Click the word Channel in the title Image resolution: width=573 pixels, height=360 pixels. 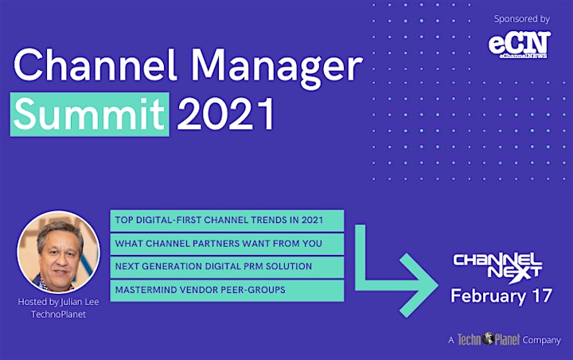point(95,65)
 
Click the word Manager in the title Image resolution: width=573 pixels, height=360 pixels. point(277,68)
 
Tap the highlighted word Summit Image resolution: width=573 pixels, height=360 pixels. point(89,114)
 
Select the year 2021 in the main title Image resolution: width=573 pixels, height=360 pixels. point(225,114)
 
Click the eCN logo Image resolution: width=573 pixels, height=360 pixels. point(519,45)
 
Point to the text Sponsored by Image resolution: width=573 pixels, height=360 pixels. point(522,19)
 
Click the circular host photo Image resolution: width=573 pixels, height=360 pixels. point(58,252)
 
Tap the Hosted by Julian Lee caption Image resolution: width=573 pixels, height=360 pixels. point(58,302)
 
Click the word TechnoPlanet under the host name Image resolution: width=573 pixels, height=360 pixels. point(58,315)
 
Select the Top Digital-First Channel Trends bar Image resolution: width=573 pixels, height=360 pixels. point(227,221)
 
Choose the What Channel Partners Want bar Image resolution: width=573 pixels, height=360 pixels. point(227,244)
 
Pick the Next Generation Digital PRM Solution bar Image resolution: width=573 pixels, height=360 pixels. point(227,267)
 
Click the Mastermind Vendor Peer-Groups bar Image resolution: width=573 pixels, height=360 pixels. point(227,290)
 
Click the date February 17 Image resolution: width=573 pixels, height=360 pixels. point(501,296)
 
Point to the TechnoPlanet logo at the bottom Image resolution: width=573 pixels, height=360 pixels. point(489,339)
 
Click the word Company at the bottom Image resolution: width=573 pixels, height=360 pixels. point(541,340)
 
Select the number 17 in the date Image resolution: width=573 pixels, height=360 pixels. point(542,295)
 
